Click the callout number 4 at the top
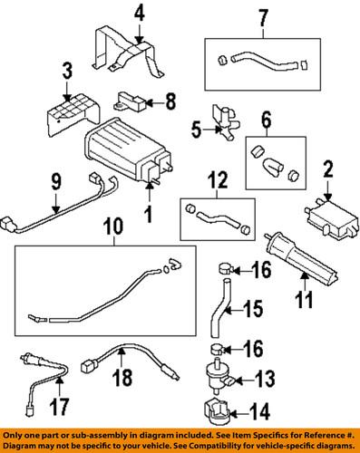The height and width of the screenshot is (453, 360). coord(140,13)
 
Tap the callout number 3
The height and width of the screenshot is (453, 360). coord(67,71)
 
